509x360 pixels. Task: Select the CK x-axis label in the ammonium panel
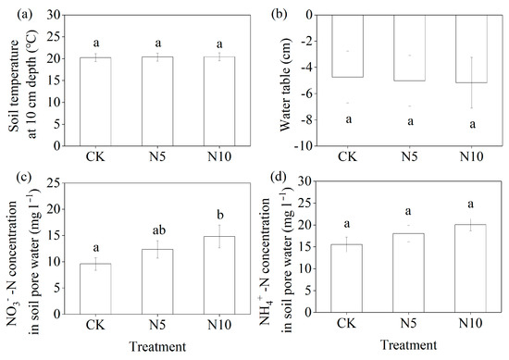345,326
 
